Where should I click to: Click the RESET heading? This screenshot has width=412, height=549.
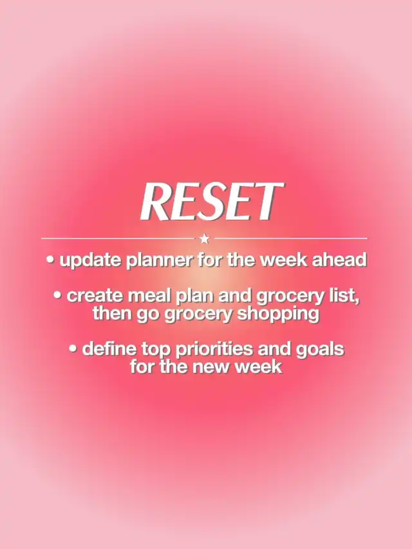pos(211,202)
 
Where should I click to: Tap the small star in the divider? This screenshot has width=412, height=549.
pos(205,239)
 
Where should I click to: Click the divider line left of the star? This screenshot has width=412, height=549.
pos(118,239)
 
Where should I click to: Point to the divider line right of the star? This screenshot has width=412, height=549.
pos(291,239)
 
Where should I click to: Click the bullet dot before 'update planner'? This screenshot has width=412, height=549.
pos(51,260)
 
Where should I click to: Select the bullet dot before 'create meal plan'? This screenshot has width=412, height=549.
pos(58,295)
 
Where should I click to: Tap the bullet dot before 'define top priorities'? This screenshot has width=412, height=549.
pos(73,348)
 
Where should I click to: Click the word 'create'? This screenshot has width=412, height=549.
pos(95,296)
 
